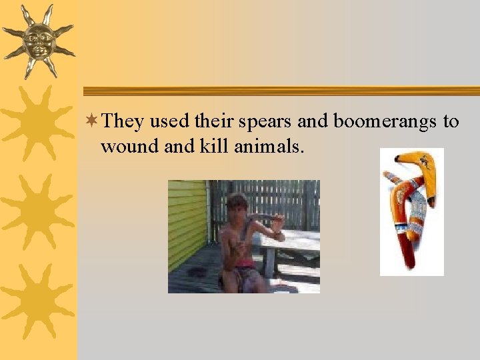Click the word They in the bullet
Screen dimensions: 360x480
[123, 121]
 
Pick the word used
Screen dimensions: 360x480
[170, 121]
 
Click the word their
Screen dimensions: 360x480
[213, 121]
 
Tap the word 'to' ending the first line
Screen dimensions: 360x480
[451, 122]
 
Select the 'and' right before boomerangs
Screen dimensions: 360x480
[313, 121]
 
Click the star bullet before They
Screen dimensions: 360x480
[93, 121]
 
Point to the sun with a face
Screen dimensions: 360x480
[38, 41]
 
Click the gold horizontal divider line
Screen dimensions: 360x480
[280, 91]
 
